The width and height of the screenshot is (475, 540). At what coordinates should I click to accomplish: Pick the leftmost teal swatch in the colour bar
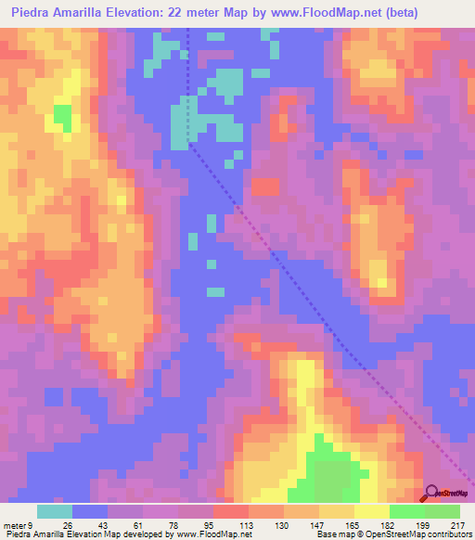[x=54, y=511]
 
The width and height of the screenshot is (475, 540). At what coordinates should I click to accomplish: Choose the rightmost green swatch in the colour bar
[x=442, y=511]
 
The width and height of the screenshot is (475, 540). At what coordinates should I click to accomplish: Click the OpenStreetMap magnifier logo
[x=430, y=493]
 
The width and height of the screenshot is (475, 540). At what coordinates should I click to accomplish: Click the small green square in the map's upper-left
[x=62, y=117]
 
